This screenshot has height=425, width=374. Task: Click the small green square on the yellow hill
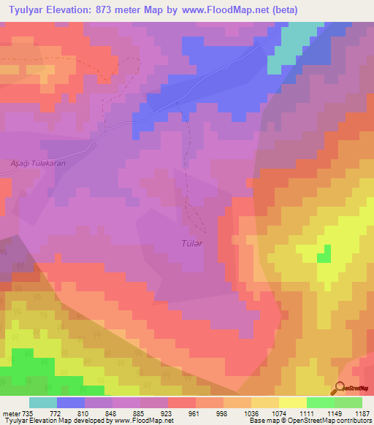tap(323, 254)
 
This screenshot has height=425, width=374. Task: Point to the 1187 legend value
tap(362, 413)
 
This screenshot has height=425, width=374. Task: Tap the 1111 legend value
tap(307, 413)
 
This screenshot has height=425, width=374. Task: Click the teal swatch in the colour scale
tap(43, 402)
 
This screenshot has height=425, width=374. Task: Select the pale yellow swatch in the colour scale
tap(292, 402)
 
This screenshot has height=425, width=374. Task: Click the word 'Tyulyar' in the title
tap(26, 8)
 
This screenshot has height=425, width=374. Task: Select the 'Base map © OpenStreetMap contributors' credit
tap(310, 421)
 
